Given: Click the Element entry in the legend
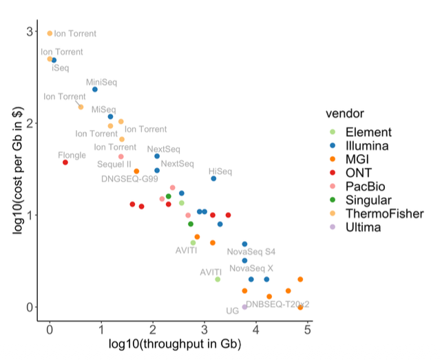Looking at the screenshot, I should click(368, 132).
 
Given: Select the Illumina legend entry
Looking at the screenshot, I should click(368, 146).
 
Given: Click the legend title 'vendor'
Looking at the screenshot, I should click(344, 113).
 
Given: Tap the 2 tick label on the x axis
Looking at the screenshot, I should click(152, 330).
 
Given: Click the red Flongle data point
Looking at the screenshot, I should click(65, 162).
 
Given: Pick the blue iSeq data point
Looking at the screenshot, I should click(54, 61).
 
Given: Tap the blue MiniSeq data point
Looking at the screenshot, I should click(95, 89).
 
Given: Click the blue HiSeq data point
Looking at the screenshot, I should click(213, 179).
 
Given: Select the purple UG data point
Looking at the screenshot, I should click(244, 307).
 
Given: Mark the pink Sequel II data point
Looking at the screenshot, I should click(121, 157).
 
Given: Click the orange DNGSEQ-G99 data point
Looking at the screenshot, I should click(136, 171).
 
